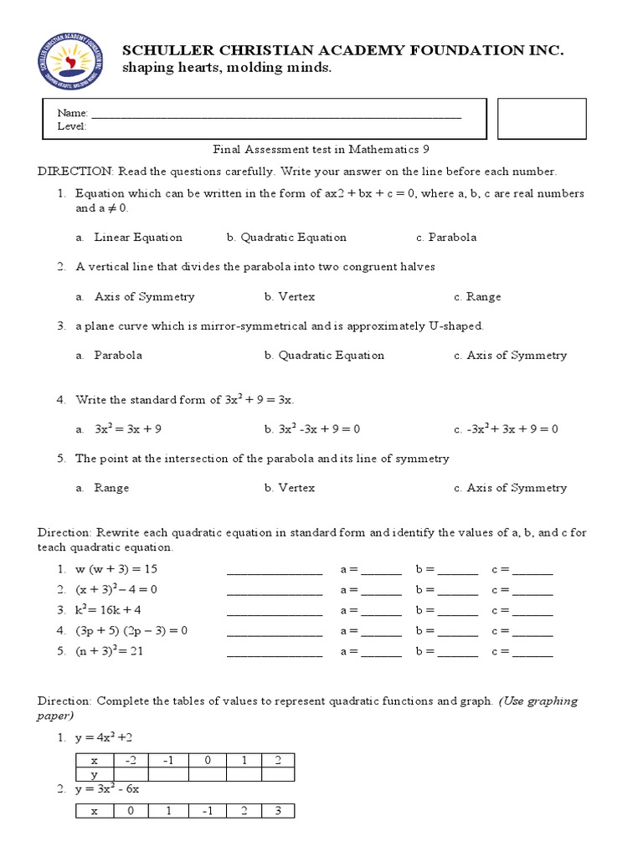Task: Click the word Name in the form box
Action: pyautogui.click(x=71, y=113)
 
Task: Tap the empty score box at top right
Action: pyautogui.click(x=541, y=118)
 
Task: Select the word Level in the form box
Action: pyautogui.click(x=72, y=126)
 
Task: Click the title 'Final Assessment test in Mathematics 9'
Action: pyautogui.click(x=321, y=150)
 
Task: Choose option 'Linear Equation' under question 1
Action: pyautogui.click(x=137, y=237)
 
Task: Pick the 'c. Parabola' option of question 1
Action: pyautogui.click(x=446, y=237)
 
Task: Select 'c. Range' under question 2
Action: pyautogui.click(x=477, y=296)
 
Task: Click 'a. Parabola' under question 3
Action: pyautogui.click(x=117, y=355)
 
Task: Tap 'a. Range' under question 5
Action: pyautogui.click(x=111, y=488)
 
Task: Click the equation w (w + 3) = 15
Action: pyautogui.click(x=116, y=569)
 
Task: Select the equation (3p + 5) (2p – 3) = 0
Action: pyautogui.click(x=131, y=631)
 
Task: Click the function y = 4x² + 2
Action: pyautogui.click(x=105, y=736)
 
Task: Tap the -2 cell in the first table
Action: pyautogui.click(x=130, y=761)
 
